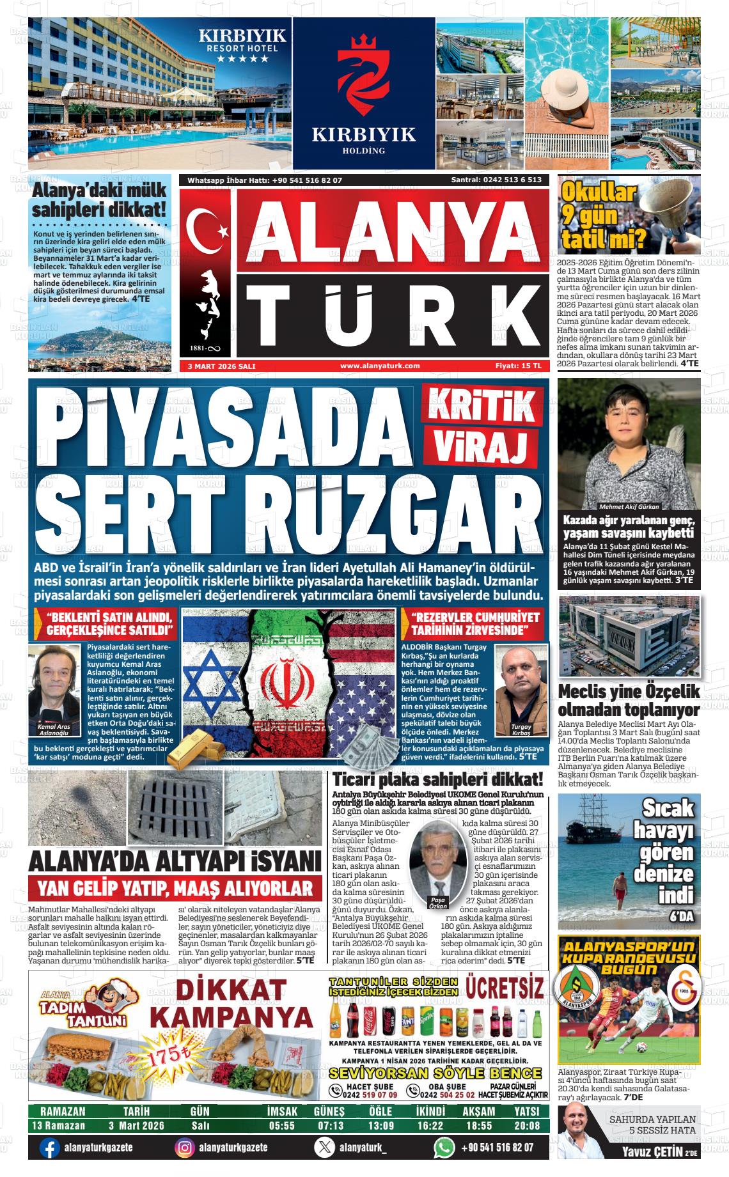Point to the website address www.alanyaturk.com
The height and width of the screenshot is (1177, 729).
pyautogui.click(x=380, y=366)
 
